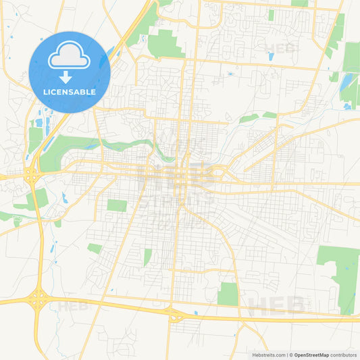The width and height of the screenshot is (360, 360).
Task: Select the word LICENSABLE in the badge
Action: [x=70, y=92]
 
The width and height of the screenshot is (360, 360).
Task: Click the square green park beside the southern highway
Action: [x=228, y=294]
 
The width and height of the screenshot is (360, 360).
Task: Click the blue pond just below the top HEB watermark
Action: [x=271, y=57]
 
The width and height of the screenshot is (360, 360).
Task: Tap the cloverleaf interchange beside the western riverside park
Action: [x=32, y=176]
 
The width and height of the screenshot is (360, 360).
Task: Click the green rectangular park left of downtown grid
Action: [x=117, y=205]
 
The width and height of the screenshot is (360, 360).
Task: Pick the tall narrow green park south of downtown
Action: [x=147, y=257]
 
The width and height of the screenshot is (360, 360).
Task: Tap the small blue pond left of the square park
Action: [x=195, y=313]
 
